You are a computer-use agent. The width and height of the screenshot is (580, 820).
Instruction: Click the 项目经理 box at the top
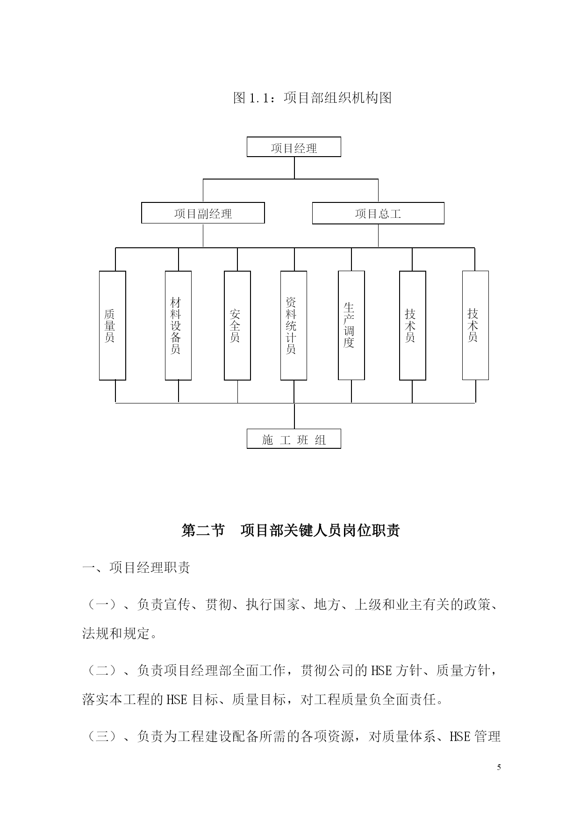pyautogui.click(x=294, y=147)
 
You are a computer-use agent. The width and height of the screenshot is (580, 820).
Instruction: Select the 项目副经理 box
pyautogui.click(x=203, y=213)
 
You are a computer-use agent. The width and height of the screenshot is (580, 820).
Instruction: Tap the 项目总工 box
pyautogui.click(x=378, y=213)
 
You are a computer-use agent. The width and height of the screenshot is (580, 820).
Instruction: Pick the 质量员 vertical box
pyautogui.click(x=113, y=325)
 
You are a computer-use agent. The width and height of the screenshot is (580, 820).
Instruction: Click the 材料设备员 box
pyautogui.click(x=178, y=325)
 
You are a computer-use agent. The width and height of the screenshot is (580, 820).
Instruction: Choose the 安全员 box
pyautogui.click(x=237, y=325)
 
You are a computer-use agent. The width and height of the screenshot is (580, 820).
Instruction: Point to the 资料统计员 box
pyautogui.click(x=294, y=325)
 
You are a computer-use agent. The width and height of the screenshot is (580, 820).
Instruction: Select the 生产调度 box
pyautogui.click(x=351, y=325)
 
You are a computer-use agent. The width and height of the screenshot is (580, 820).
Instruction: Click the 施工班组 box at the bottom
pyautogui.click(x=294, y=439)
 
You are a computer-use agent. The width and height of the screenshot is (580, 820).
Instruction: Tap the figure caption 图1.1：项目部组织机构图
pyautogui.click(x=312, y=98)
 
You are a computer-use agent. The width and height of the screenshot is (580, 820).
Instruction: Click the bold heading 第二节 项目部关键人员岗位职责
pyautogui.click(x=290, y=531)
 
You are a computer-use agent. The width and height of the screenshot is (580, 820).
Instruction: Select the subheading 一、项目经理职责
pyautogui.click(x=136, y=568)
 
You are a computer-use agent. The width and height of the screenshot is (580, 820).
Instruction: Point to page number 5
pyautogui.click(x=499, y=767)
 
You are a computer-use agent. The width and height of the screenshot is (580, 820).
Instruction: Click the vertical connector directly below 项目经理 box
pyautogui.click(x=294, y=168)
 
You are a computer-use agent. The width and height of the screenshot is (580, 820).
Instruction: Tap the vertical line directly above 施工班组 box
pyautogui.click(x=294, y=416)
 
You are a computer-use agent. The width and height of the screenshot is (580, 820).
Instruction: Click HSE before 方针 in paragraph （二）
pyautogui.click(x=381, y=671)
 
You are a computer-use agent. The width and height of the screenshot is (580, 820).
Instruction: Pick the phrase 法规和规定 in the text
pyautogui.click(x=116, y=633)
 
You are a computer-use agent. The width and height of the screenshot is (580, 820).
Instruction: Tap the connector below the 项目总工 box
pyautogui.click(x=378, y=236)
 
